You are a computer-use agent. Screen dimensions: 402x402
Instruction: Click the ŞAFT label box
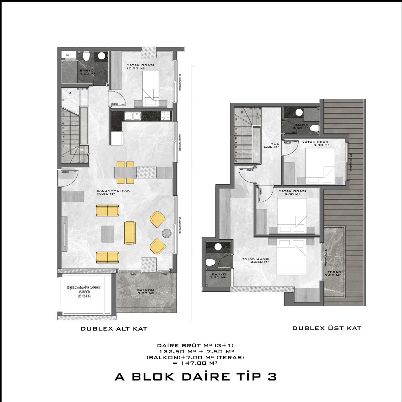(69, 55)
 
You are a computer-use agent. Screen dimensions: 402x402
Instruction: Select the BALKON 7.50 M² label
(145, 291)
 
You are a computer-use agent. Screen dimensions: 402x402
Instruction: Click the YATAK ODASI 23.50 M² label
(255, 260)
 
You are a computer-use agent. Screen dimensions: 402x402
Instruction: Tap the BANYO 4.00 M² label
(87, 72)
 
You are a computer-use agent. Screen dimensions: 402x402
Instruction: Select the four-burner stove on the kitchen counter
(166, 116)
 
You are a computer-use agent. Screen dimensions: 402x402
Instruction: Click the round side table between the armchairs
(166, 233)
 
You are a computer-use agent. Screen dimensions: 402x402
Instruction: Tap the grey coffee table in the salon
(108, 234)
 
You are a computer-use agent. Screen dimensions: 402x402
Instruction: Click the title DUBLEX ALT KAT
(114, 329)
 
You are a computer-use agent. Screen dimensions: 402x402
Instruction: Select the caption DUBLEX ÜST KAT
(327, 328)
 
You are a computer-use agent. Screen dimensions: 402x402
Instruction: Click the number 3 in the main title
(272, 377)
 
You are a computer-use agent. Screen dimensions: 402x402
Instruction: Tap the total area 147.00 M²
(195, 363)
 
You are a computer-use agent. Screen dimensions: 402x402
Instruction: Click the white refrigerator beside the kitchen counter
(117, 139)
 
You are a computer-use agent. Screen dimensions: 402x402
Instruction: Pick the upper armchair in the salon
(158, 219)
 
